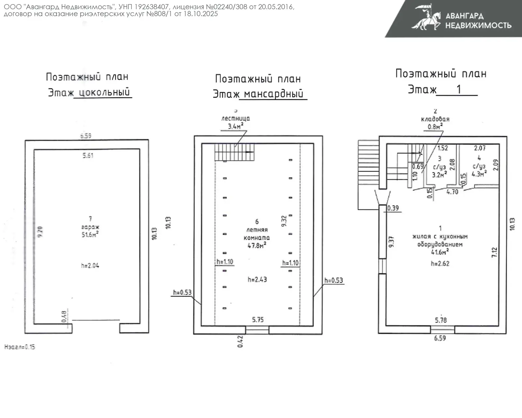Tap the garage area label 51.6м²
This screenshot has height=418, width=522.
point(90,234)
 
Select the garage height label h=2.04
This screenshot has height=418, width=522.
point(90,265)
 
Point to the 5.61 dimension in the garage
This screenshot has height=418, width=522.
point(88,155)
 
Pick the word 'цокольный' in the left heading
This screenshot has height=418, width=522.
point(104,92)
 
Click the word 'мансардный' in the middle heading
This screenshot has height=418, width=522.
point(273,94)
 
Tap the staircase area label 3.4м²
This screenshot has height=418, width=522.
point(235,126)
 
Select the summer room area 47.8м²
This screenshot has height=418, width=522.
point(257,246)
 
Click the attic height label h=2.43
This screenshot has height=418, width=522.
point(257,280)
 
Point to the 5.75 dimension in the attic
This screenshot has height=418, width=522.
point(258,320)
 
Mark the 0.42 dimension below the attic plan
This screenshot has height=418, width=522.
point(240,341)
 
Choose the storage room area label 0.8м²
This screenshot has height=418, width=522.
point(435,127)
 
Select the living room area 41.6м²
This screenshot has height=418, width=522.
point(440,252)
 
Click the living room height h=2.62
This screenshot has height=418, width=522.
point(440,264)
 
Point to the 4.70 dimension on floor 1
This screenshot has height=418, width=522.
point(452,192)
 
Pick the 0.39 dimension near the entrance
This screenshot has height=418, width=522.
point(393,208)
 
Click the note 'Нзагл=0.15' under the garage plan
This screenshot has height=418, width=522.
point(20,347)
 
